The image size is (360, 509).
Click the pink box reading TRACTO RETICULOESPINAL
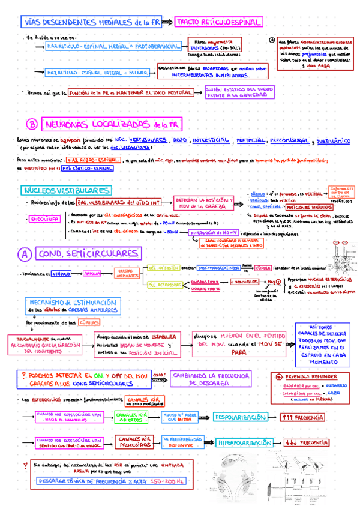(x=218, y=22)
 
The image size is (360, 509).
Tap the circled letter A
(x=24, y=254)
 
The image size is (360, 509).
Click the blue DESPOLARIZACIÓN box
(x=239, y=417)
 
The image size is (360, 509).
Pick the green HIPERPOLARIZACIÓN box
(x=245, y=442)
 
